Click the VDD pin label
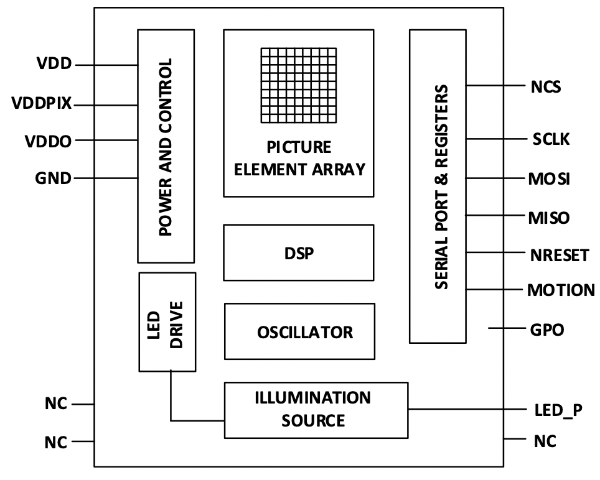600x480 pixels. pyautogui.click(x=55, y=64)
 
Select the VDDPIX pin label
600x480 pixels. pyautogui.click(x=42, y=103)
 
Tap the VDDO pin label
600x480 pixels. pyautogui.click(x=49, y=141)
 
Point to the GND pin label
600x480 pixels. pyautogui.click(x=53, y=179)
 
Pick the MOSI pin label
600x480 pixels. pyautogui.click(x=548, y=180)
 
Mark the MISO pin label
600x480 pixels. pyautogui.click(x=548, y=218)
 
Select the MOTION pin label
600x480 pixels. pyautogui.click(x=560, y=290)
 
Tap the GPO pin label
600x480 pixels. pyautogui.click(x=546, y=330)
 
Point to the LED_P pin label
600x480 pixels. pyautogui.click(x=558, y=410)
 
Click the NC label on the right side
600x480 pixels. pyautogui.click(x=545, y=441)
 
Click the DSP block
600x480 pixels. pyautogui.click(x=299, y=253)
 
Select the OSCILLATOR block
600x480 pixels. pyautogui.click(x=299, y=331)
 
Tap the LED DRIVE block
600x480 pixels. pyautogui.click(x=167, y=321)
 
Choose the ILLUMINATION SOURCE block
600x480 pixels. pyautogui.click(x=316, y=409)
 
